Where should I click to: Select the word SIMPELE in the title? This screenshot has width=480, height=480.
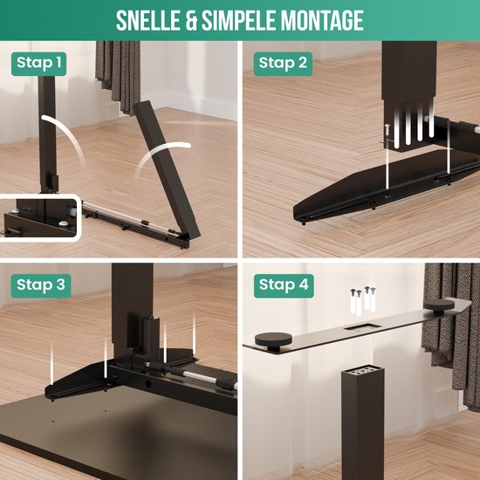pos(241,19)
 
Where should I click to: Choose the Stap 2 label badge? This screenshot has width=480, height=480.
pos(283,63)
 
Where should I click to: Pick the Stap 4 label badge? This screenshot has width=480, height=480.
pos(283,285)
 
